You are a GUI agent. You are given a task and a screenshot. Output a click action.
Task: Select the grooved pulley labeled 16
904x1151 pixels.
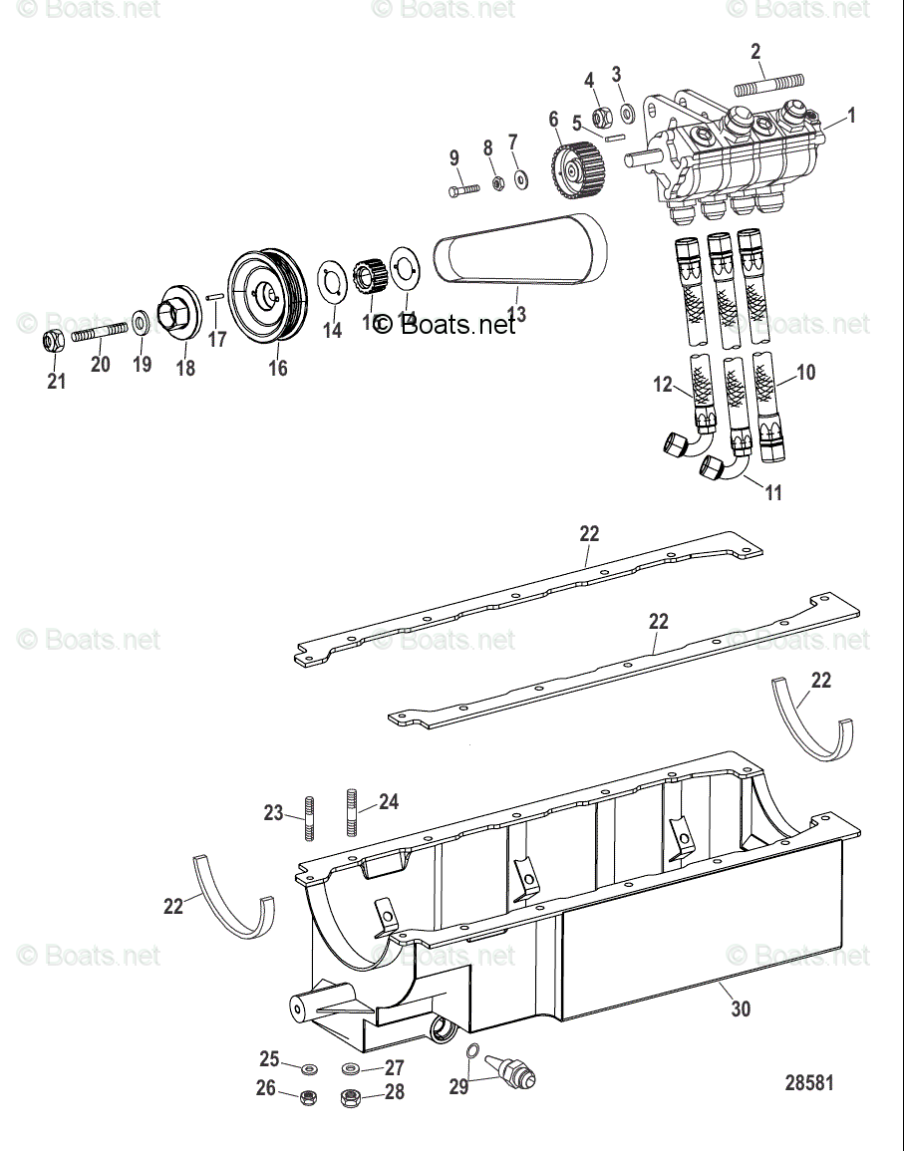(267, 296)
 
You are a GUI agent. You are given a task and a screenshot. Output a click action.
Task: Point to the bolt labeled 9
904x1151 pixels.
(464, 188)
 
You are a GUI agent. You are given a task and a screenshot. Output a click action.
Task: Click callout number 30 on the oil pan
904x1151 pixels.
(740, 1008)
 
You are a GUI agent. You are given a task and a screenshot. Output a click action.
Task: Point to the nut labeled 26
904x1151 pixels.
(308, 1098)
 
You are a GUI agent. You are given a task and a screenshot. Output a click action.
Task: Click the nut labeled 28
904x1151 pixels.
(351, 1099)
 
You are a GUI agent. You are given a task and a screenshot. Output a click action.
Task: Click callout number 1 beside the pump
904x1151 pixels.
(851, 116)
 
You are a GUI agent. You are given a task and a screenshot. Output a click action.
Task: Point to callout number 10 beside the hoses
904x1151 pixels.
(805, 373)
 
